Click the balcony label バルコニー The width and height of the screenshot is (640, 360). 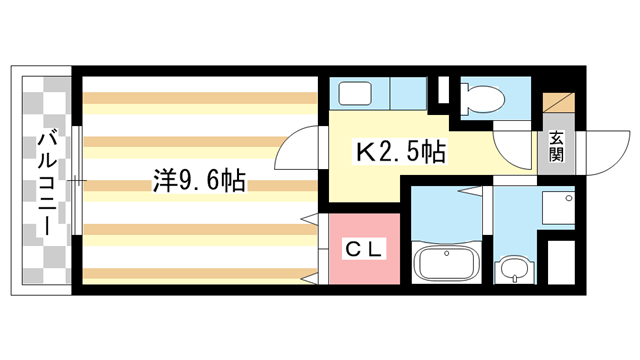pyautogui.click(x=47, y=182)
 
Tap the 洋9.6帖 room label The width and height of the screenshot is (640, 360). pyautogui.click(x=199, y=181)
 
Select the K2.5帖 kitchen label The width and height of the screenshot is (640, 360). pyautogui.click(x=400, y=152)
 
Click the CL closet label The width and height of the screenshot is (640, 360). pyautogui.click(x=364, y=249)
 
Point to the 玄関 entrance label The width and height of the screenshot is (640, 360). pyautogui.click(x=556, y=147)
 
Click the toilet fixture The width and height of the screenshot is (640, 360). pyautogui.click(x=482, y=98)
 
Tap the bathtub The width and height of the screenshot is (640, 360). pyautogui.click(x=447, y=262)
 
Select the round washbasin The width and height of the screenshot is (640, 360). pyautogui.click(x=514, y=269)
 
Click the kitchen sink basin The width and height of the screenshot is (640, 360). pyautogui.click(x=355, y=93)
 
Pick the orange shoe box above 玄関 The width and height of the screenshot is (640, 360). pyautogui.click(x=558, y=103)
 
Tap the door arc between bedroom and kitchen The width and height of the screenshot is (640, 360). pyautogui.click(x=296, y=148)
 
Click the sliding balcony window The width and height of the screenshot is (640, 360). pyautogui.click(x=77, y=180)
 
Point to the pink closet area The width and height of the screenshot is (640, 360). pyautogui.click(x=364, y=249)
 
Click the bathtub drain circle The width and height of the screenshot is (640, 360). pyautogui.click(x=447, y=253)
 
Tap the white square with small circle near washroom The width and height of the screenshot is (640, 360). pyautogui.click(x=558, y=208)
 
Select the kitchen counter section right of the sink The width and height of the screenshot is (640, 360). pyautogui.click(x=409, y=93)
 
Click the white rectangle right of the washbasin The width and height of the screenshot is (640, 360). pyautogui.click(x=561, y=262)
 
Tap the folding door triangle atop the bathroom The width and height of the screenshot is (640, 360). pyautogui.click(x=469, y=191)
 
